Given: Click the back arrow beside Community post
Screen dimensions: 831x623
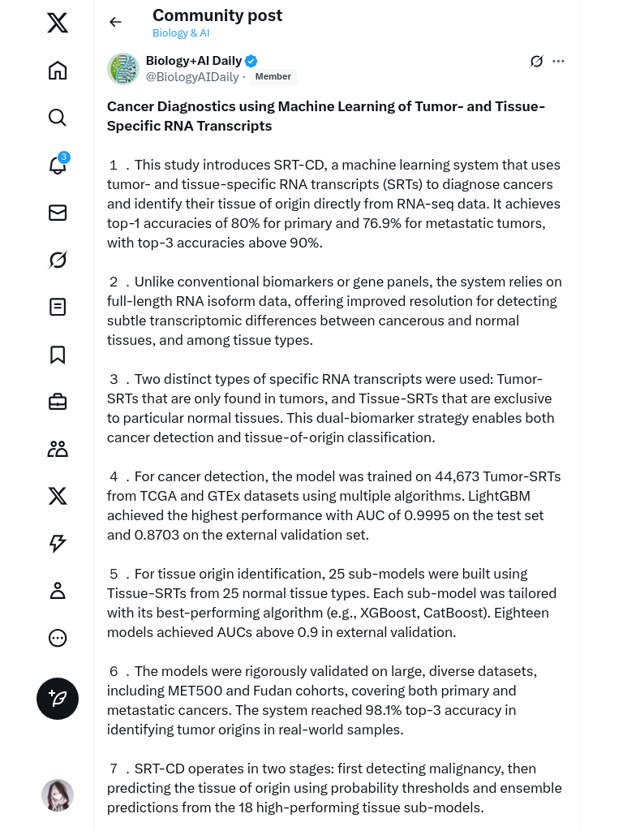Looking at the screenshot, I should [115, 22].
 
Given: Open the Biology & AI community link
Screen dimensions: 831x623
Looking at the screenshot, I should [181, 33].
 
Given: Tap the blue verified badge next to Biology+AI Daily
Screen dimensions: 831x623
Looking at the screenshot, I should [251, 61].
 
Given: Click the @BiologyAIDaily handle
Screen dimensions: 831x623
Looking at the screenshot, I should [192, 77].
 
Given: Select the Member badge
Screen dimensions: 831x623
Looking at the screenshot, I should [273, 77].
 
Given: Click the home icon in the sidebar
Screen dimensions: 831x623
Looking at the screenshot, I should [58, 71].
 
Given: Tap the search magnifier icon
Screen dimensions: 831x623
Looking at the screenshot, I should [58, 118].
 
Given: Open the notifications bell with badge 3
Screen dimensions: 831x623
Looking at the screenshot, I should [58, 166].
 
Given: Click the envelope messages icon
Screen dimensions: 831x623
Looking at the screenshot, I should [58, 213].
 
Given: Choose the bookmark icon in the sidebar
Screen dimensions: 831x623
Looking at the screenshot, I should [58, 355].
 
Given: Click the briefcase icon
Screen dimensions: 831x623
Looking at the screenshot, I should [58, 402].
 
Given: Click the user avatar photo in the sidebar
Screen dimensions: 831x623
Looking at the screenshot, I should [58, 795].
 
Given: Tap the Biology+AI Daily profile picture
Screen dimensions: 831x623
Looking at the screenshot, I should [123, 69].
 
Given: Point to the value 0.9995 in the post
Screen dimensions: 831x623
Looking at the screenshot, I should [428, 515].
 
